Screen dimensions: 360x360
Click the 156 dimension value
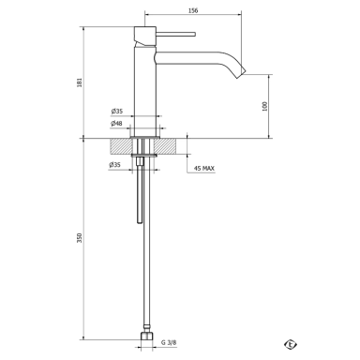tap(193, 10)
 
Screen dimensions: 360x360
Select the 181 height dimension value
tap(80, 82)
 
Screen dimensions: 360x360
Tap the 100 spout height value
tap(265, 106)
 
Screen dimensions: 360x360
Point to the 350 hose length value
tap(80, 238)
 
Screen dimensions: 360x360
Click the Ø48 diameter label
tap(116, 124)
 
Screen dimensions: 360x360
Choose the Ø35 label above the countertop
tap(117, 111)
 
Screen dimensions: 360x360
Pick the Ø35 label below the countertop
tap(114, 165)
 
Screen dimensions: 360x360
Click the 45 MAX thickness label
tap(204, 169)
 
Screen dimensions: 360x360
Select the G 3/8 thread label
tap(169, 342)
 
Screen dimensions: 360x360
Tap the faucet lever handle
tap(175, 34)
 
